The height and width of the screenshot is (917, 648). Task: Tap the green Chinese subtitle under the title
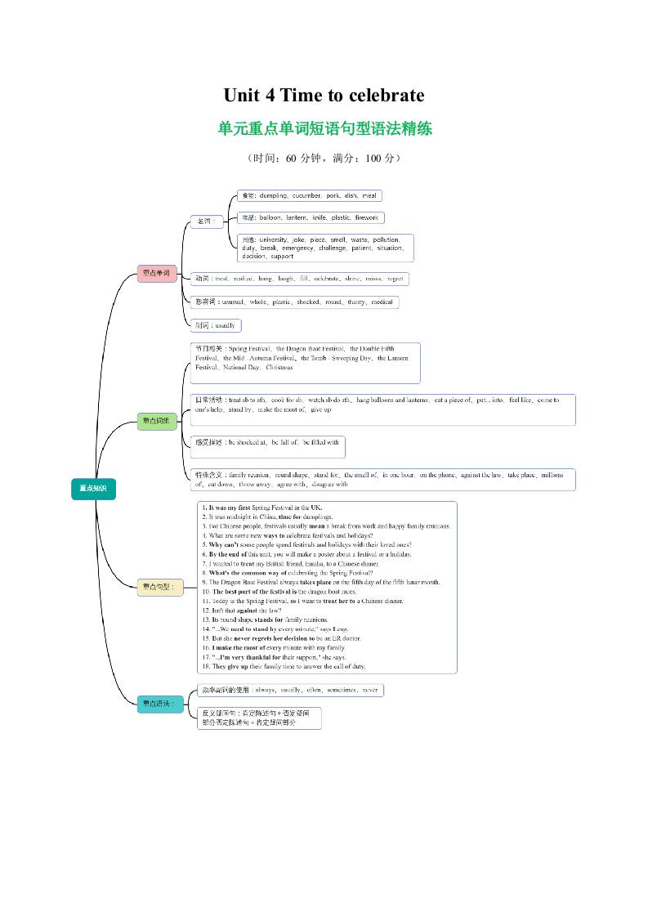coord(324,128)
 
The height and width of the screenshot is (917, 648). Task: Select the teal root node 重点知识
coord(93,488)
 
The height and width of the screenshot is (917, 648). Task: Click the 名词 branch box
coord(205,221)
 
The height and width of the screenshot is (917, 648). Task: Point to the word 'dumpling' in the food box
coord(273,196)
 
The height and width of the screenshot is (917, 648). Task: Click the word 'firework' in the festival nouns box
coord(367,218)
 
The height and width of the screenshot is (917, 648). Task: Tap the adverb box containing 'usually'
coord(216,325)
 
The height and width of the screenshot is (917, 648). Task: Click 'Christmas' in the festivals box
coord(279,368)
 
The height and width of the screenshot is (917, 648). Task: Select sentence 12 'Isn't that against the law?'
coord(243,611)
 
